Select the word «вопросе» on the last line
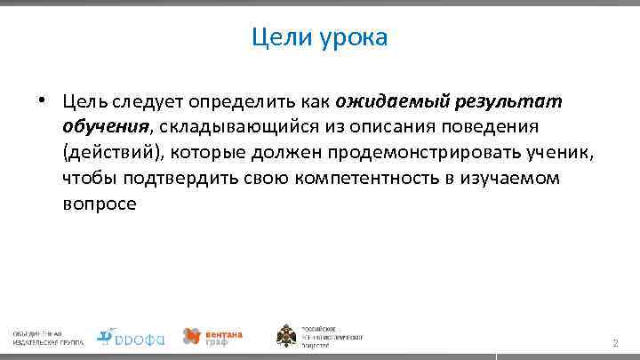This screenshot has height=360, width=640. click(x=100, y=204)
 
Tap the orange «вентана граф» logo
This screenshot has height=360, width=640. click(x=212, y=336)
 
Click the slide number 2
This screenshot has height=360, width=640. click(x=613, y=343)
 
